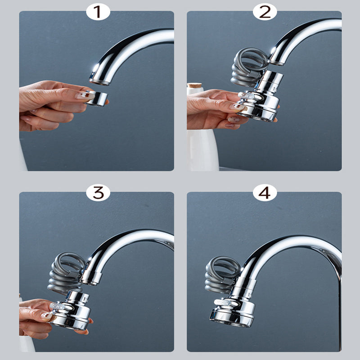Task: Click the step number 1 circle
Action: pyautogui.click(x=98, y=12)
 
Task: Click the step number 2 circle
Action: pyautogui.click(x=265, y=12)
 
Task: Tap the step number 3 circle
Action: pyautogui.click(x=98, y=193)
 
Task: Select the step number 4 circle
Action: pyautogui.click(x=265, y=193)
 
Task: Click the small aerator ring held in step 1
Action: pyautogui.click(x=96, y=98)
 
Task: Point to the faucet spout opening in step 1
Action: pyautogui.click(x=99, y=81)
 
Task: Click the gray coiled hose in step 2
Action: pyautogui.click(x=247, y=67)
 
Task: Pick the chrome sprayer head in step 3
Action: pyautogui.click(x=72, y=310)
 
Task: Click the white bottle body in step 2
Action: pyautogui.click(x=202, y=148)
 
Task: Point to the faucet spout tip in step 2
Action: pyautogui.click(x=276, y=61)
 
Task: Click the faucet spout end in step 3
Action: pyautogui.click(x=90, y=279)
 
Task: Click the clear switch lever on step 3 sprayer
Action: pyautogui.click(x=58, y=306)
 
